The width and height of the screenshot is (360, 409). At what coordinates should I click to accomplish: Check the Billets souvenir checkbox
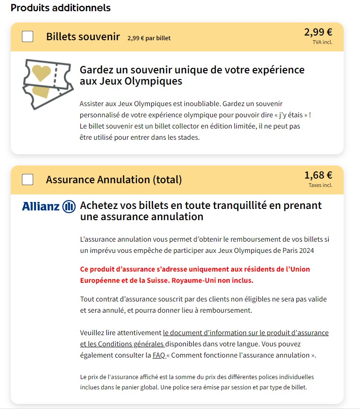[28, 36]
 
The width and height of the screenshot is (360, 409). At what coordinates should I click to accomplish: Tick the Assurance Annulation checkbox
[28, 179]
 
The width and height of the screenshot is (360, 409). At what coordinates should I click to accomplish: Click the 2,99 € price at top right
[318, 32]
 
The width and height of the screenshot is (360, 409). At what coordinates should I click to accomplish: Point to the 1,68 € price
[318, 175]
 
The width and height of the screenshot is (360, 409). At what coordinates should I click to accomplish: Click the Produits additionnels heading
[60, 8]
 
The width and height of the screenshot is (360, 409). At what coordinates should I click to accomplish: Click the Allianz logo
[49, 206]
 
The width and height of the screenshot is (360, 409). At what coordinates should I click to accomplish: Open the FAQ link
[159, 355]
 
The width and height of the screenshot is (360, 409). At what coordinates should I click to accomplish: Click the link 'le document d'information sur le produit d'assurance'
[246, 333]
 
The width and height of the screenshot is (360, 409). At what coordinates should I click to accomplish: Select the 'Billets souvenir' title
[83, 37]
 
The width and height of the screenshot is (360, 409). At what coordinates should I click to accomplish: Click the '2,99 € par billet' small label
[148, 38]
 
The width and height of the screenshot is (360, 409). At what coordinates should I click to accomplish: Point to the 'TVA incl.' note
[322, 43]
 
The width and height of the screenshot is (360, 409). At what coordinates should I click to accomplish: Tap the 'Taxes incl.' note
[320, 185]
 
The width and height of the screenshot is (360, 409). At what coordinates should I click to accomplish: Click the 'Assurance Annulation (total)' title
[114, 180]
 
